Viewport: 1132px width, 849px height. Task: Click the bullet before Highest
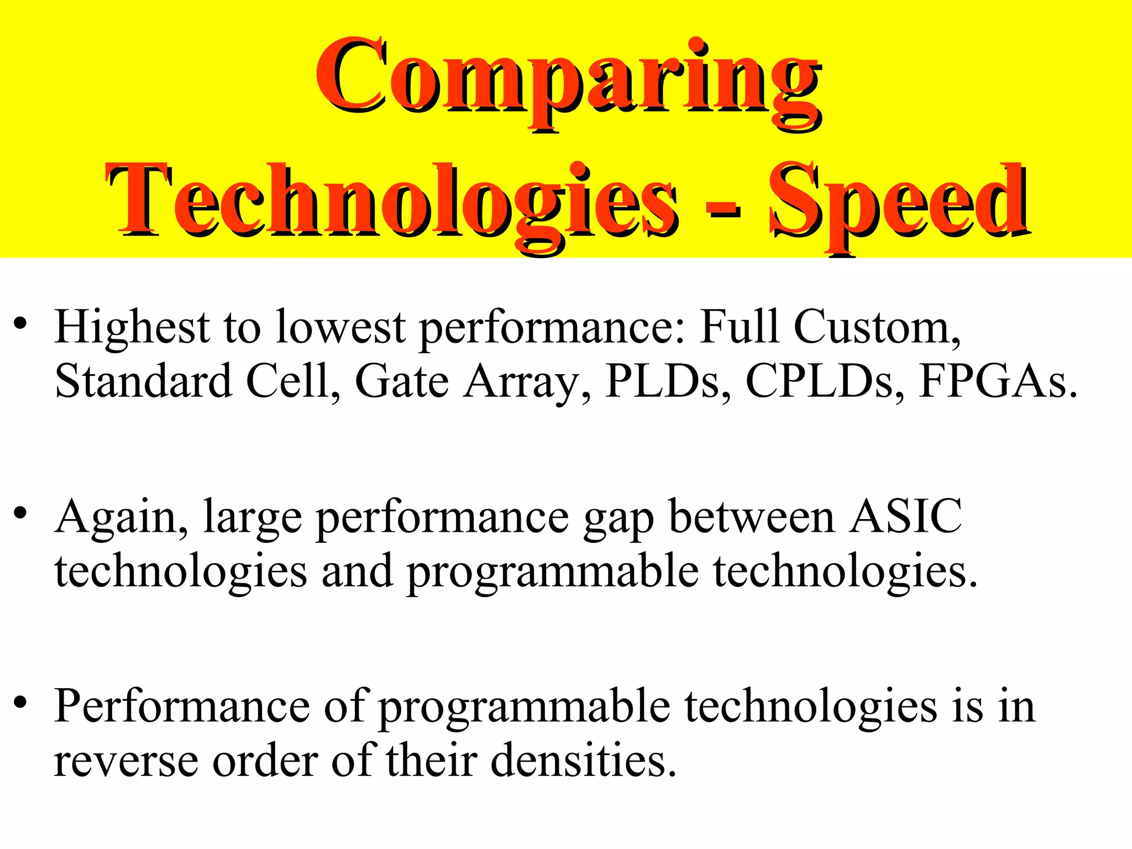20,323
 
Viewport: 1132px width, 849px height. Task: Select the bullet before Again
20,513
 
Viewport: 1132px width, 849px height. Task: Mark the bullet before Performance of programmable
20,703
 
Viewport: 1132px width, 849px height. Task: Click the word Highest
132,328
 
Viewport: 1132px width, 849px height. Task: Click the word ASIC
905,517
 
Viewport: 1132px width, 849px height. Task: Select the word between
751,517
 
